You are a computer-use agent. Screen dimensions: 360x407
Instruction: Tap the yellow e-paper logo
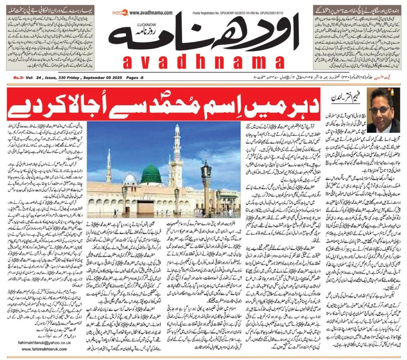point(121,13)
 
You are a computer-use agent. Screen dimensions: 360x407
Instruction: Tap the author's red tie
point(387,128)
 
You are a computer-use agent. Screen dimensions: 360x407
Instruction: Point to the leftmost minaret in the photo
point(109,170)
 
